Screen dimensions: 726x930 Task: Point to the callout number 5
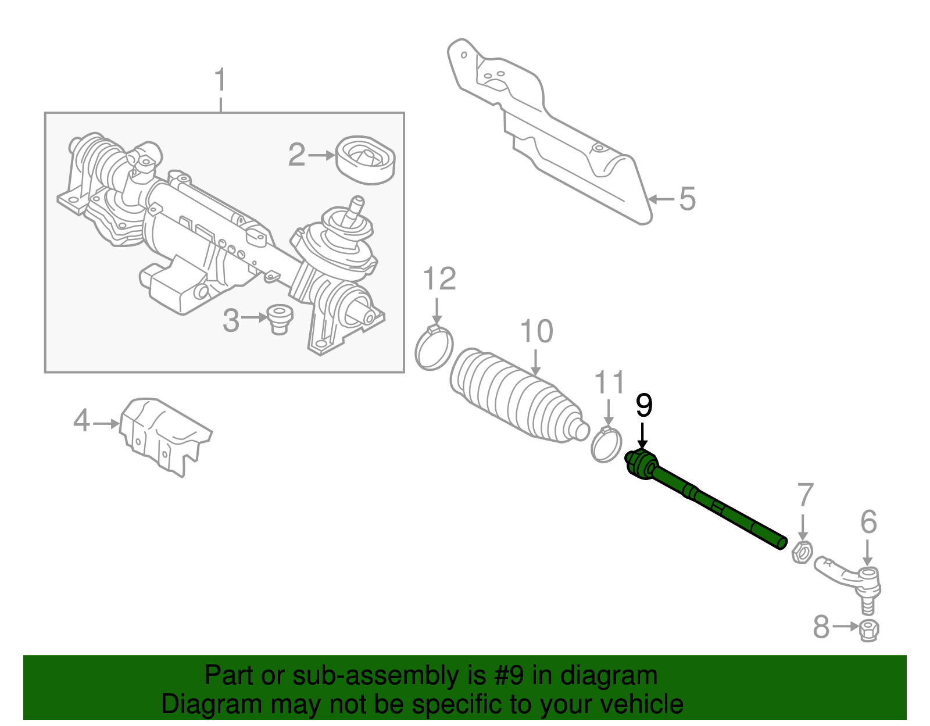(687, 199)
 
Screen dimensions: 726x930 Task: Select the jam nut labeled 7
(802, 552)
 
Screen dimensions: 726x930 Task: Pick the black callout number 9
(643, 405)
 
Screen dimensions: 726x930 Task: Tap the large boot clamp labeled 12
(434, 349)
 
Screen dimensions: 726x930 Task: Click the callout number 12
(439, 280)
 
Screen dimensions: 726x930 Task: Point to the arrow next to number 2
(321, 155)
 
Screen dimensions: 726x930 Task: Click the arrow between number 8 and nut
(845, 627)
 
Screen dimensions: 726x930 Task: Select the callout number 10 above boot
(536, 332)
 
